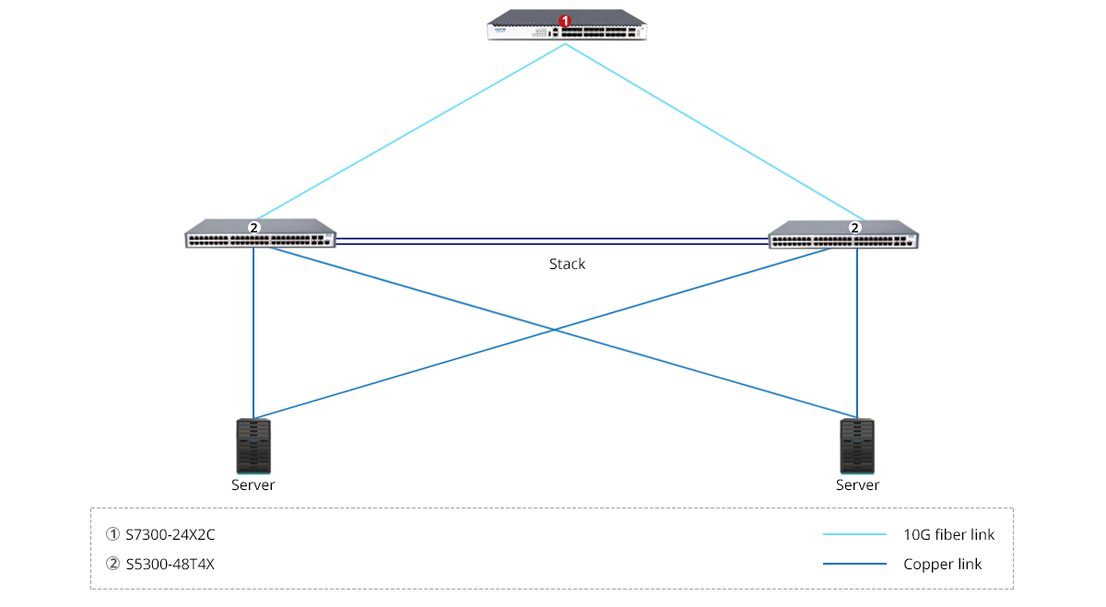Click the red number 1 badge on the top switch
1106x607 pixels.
click(x=566, y=19)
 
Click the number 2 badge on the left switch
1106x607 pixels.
click(x=254, y=227)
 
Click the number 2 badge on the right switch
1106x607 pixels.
click(x=855, y=227)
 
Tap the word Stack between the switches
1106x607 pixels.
click(x=567, y=264)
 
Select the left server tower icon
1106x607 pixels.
click(x=254, y=446)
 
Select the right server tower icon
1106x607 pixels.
click(x=857, y=446)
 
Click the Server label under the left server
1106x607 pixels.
click(x=253, y=484)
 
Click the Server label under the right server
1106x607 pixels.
click(x=857, y=484)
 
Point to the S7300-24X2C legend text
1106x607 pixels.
click(x=170, y=534)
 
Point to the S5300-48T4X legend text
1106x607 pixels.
click(x=170, y=564)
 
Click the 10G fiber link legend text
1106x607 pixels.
click(x=949, y=534)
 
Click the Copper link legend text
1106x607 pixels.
click(x=943, y=564)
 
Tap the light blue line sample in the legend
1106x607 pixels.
click(x=854, y=534)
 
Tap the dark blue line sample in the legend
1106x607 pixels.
click(x=854, y=564)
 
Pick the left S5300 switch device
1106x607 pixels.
click(x=260, y=236)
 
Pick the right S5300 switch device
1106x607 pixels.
click(x=843, y=237)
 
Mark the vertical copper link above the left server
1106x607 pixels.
click(x=253, y=332)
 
